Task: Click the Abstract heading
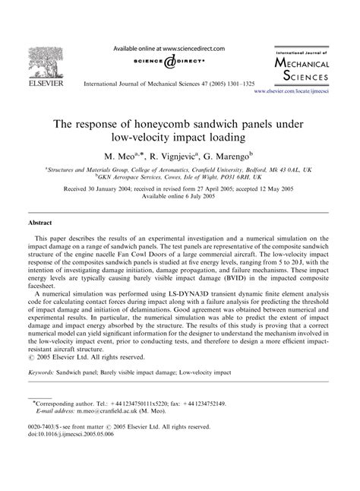[40, 225]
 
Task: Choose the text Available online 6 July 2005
[180, 198]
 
